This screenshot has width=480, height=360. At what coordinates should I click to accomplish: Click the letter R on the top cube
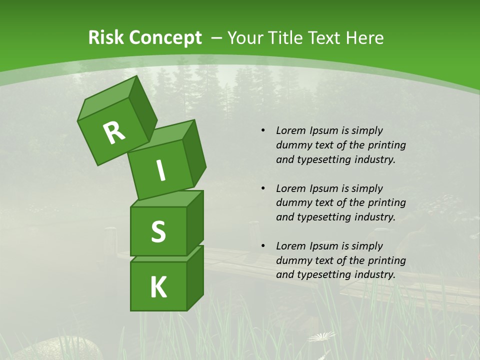pyautogui.click(x=114, y=132)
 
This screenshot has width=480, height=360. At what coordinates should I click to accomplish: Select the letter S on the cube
pyautogui.click(x=158, y=231)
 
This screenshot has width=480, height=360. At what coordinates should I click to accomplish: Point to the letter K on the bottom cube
pyautogui.click(x=158, y=287)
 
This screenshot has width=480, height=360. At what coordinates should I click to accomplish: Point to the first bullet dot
pyautogui.click(x=263, y=131)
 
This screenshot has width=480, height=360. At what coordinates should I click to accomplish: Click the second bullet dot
pyautogui.click(x=263, y=188)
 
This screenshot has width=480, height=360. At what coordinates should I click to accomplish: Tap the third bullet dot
pyautogui.click(x=263, y=246)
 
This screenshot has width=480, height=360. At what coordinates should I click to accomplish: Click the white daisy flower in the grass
pyautogui.click(x=321, y=337)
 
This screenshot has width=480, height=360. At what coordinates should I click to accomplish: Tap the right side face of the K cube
pyautogui.click(x=195, y=277)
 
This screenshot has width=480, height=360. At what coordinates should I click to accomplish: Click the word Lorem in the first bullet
pyautogui.click(x=290, y=131)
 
